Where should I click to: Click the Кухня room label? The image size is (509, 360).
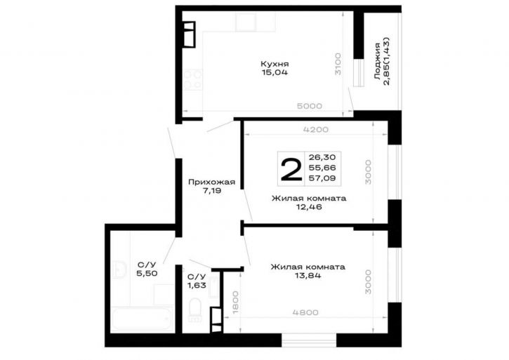[275, 64]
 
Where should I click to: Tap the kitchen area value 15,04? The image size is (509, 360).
[275, 72]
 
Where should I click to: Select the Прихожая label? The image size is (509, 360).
[211, 182]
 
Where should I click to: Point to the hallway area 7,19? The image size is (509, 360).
[211, 191]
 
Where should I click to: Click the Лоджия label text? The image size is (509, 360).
[377, 61]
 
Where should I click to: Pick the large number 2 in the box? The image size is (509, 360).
[291, 169]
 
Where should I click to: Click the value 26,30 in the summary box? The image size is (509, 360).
[322, 157]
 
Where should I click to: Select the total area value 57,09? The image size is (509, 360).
[322, 178]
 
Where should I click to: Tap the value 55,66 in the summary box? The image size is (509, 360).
[322, 168]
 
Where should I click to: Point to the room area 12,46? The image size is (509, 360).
[309, 207]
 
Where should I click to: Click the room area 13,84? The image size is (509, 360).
[308, 276]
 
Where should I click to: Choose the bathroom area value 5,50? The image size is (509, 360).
[147, 273]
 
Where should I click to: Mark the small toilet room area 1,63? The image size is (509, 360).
[197, 286]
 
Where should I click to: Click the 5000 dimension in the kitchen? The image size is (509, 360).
[310, 106]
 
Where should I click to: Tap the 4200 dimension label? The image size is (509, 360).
[315, 130]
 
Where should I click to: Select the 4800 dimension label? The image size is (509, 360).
[305, 312]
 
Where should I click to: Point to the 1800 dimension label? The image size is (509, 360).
[236, 302]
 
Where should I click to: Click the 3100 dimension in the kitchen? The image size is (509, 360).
[338, 64]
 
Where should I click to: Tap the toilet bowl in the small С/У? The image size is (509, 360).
[194, 310]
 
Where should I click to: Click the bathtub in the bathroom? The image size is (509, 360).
[142, 319]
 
